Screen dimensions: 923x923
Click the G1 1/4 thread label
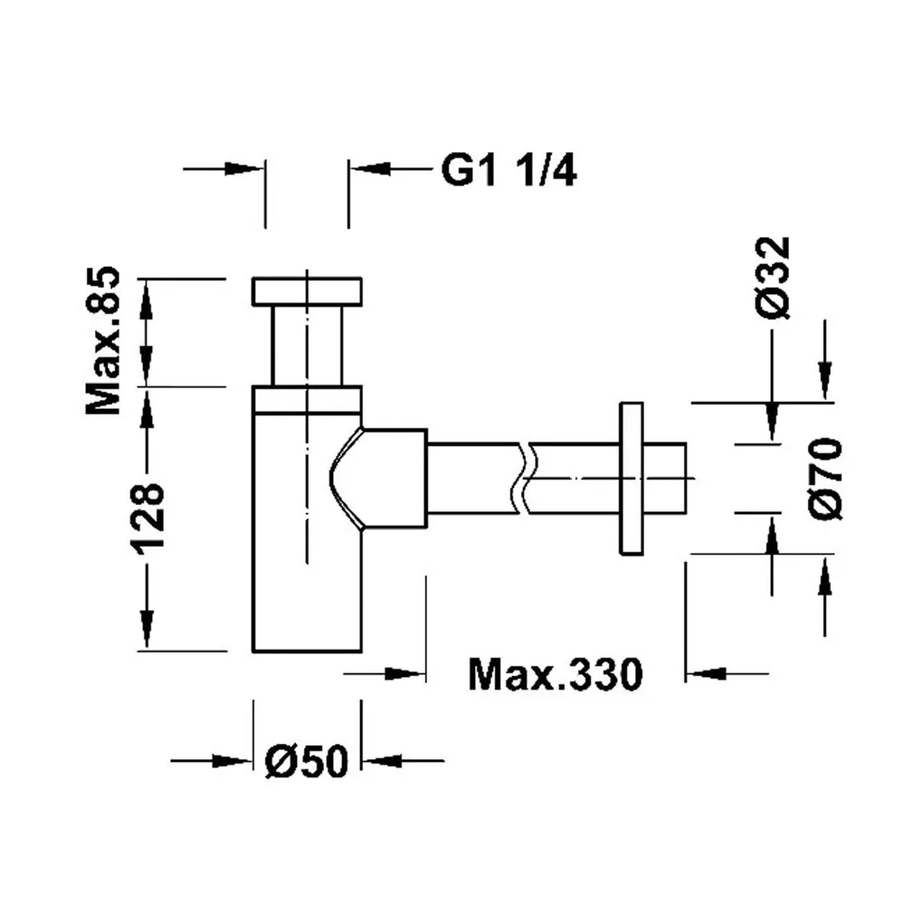509,171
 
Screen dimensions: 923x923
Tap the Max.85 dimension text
103,341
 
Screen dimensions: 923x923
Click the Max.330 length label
555,674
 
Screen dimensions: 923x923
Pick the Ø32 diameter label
773,278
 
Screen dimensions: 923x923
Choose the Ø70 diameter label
826,479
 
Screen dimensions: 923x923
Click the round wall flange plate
631,479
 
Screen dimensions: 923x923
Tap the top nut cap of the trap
307,291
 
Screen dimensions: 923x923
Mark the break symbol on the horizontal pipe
524,479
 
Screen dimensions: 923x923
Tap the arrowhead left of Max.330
405,673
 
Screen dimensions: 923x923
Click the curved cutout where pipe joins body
346,479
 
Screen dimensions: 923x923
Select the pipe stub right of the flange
664,479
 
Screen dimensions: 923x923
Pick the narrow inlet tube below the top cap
307,346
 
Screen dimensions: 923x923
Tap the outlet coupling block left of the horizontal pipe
394,479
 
